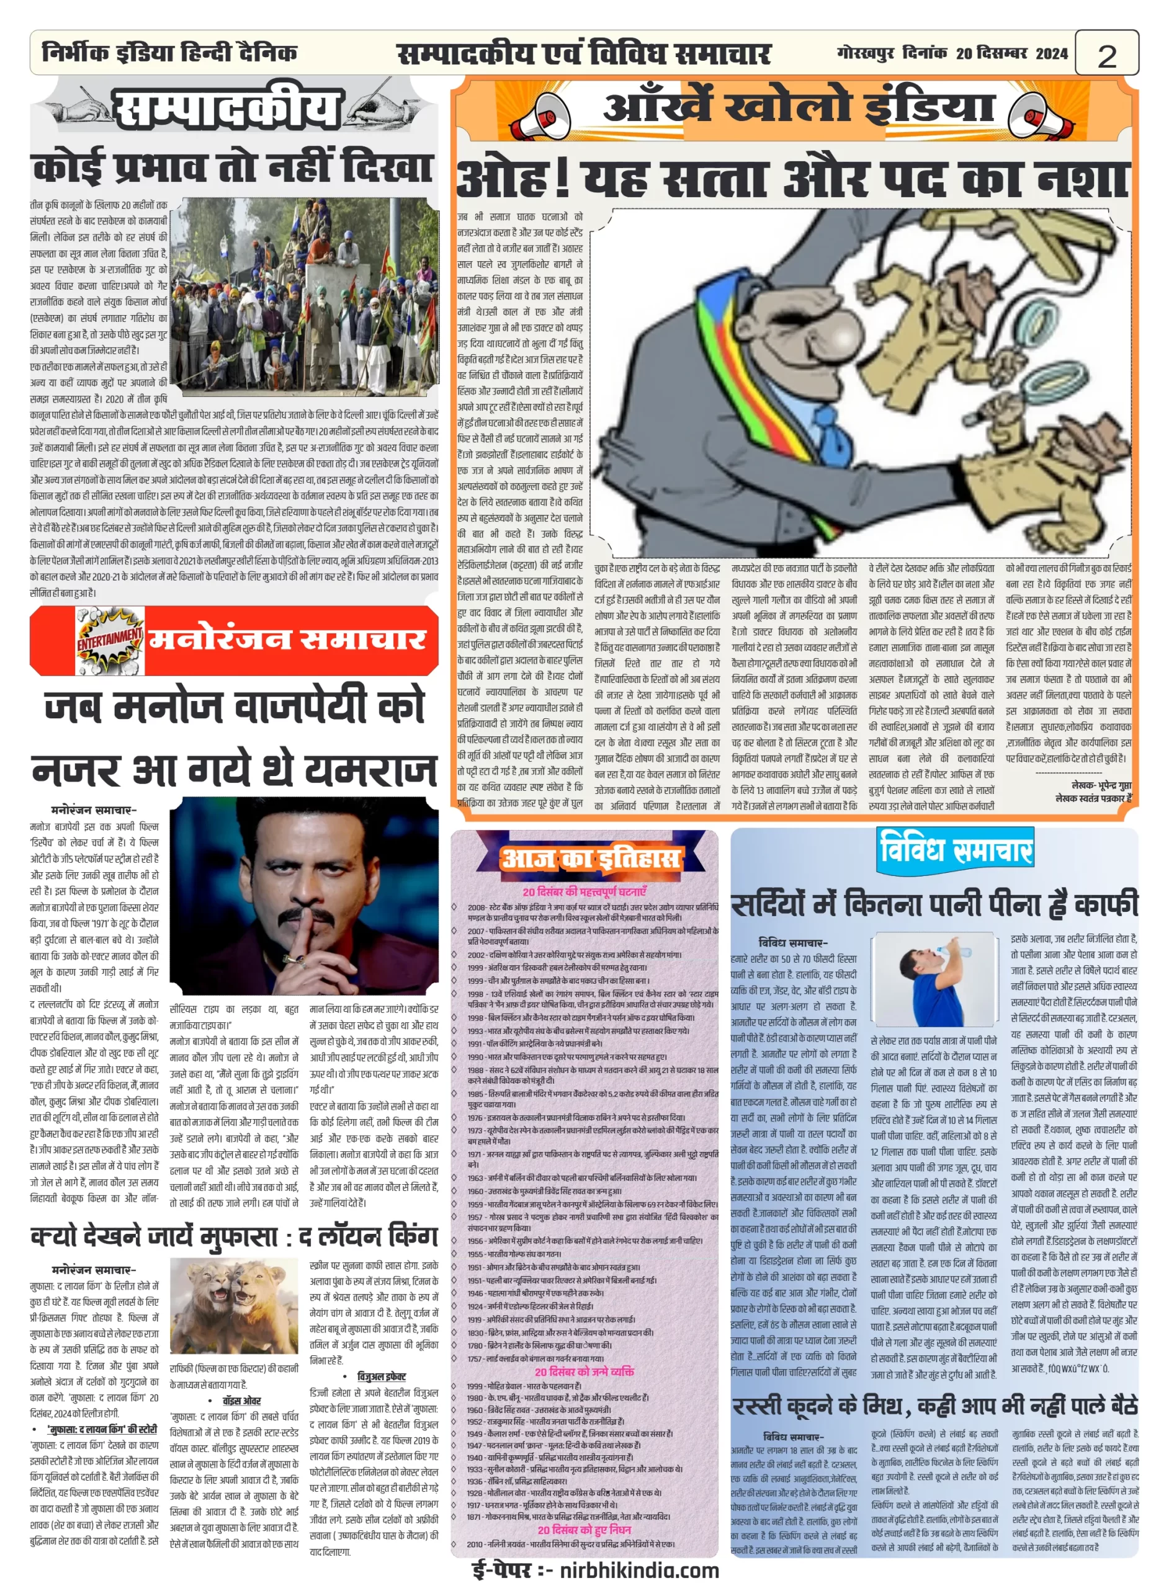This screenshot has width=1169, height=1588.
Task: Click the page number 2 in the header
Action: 1107,55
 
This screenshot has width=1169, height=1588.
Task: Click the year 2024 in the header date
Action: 1052,54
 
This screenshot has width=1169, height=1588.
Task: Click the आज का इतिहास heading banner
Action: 590,859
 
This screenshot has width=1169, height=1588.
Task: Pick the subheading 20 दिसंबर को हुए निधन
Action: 584,1529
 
